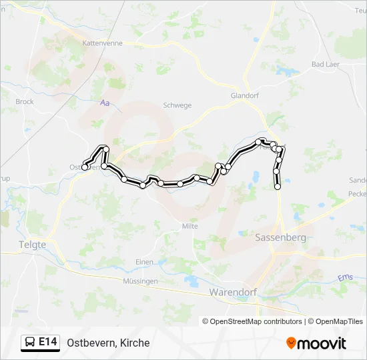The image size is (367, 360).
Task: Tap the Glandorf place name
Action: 244,95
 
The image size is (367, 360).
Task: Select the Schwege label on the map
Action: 177,105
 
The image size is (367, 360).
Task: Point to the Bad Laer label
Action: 326,65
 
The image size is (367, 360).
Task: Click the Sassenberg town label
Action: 281,237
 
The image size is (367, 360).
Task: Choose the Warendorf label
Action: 233,292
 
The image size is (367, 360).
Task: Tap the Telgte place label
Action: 32,245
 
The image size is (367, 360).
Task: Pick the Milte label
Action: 190,226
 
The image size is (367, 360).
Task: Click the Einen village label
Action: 144,262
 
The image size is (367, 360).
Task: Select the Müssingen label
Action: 140,281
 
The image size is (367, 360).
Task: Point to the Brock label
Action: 25,102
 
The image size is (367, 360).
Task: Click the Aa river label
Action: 103,103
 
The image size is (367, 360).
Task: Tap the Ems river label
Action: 345,277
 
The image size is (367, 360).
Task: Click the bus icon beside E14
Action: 30,343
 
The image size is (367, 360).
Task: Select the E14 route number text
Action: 47,343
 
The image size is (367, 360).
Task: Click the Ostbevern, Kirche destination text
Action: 108,343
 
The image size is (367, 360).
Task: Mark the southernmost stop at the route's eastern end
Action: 278,187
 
